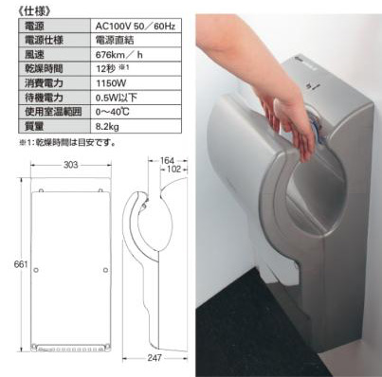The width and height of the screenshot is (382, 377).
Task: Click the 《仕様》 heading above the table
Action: (23, 9)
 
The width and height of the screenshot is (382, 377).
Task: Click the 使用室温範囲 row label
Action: (44, 112)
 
